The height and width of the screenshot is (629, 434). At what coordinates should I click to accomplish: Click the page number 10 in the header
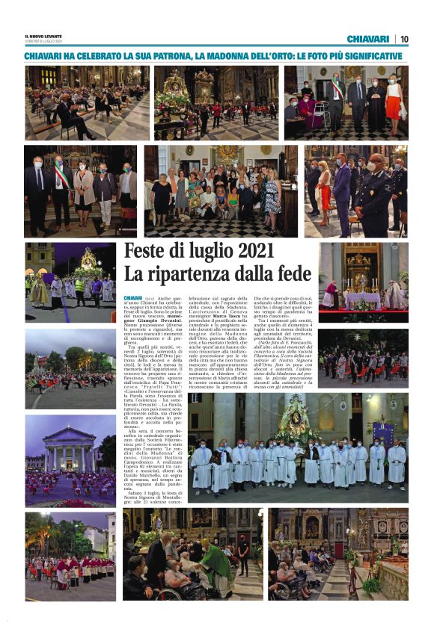tap(404, 39)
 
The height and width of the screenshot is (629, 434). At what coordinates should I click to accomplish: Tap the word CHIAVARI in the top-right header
tap(367, 39)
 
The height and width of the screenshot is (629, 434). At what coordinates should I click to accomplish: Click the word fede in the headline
tap(293, 273)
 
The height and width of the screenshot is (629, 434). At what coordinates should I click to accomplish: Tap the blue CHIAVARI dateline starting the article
tap(132, 298)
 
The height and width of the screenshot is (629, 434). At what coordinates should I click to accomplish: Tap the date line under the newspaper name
tap(43, 43)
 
